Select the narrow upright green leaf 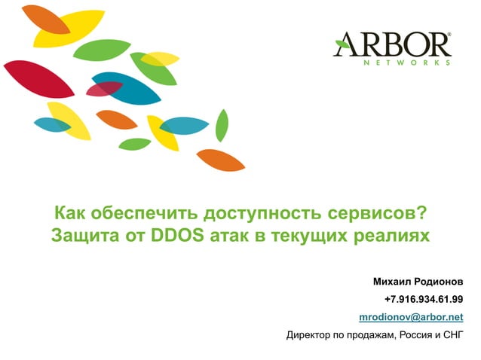(222, 124)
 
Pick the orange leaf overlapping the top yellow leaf (45, 19)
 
